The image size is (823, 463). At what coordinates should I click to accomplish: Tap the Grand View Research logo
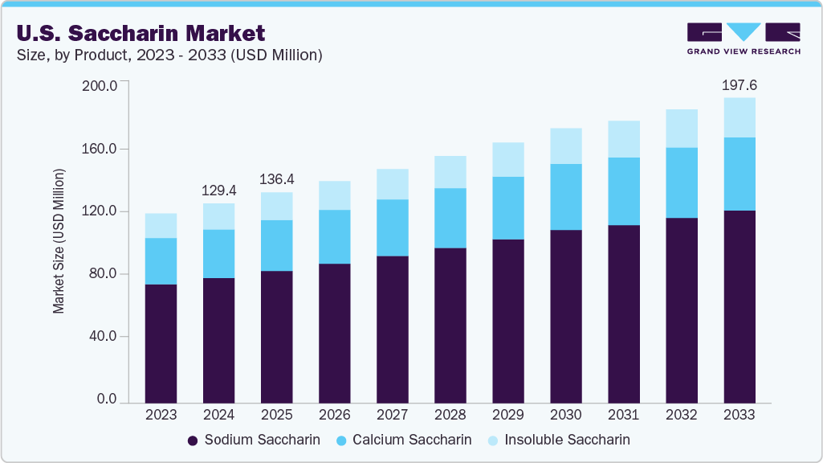click(743, 39)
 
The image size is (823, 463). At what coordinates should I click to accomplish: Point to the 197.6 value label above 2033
click(739, 84)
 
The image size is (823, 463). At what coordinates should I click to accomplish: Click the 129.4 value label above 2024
click(219, 190)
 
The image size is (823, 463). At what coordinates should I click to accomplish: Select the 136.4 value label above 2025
click(277, 178)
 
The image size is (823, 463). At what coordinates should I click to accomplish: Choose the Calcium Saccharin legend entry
click(403, 440)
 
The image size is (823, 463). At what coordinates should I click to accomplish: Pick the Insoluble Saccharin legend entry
click(559, 440)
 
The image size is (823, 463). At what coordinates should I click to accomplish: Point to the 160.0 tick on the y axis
click(100, 149)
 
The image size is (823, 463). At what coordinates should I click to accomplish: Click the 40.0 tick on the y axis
click(102, 336)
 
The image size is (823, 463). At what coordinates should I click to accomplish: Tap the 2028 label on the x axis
click(450, 415)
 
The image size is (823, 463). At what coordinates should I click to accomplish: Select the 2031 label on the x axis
click(624, 415)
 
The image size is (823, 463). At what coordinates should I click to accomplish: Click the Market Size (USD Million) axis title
click(59, 241)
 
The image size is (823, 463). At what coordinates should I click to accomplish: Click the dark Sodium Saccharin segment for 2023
click(161, 343)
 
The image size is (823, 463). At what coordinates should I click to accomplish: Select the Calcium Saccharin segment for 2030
click(566, 197)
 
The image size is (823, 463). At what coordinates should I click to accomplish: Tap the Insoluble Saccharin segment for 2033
click(739, 117)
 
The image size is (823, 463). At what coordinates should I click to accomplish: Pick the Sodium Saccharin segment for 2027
click(393, 329)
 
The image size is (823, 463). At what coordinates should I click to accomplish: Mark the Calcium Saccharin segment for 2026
click(335, 236)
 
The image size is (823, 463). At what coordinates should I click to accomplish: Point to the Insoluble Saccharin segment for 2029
click(508, 159)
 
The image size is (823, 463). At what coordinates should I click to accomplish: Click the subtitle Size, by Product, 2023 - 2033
click(165, 55)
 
